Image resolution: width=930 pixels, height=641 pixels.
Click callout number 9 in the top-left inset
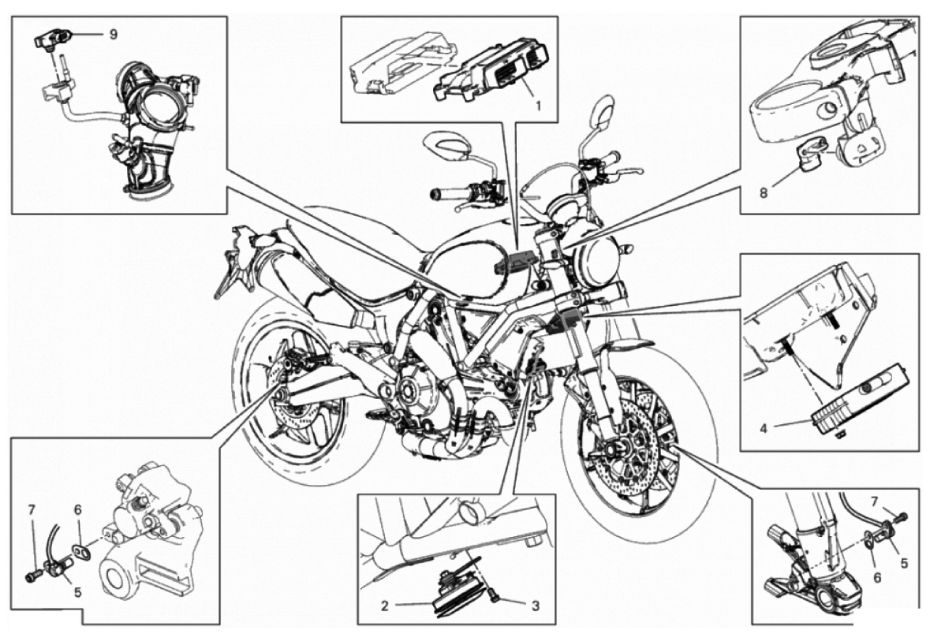(113, 34)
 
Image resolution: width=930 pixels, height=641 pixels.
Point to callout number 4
(764, 429)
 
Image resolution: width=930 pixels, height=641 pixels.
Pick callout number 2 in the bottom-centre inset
(384, 606)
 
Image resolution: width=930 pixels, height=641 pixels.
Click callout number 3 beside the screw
(535, 606)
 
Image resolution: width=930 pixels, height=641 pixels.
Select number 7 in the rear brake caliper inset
(32, 510)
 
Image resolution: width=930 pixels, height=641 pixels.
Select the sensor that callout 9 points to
(54, 38)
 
